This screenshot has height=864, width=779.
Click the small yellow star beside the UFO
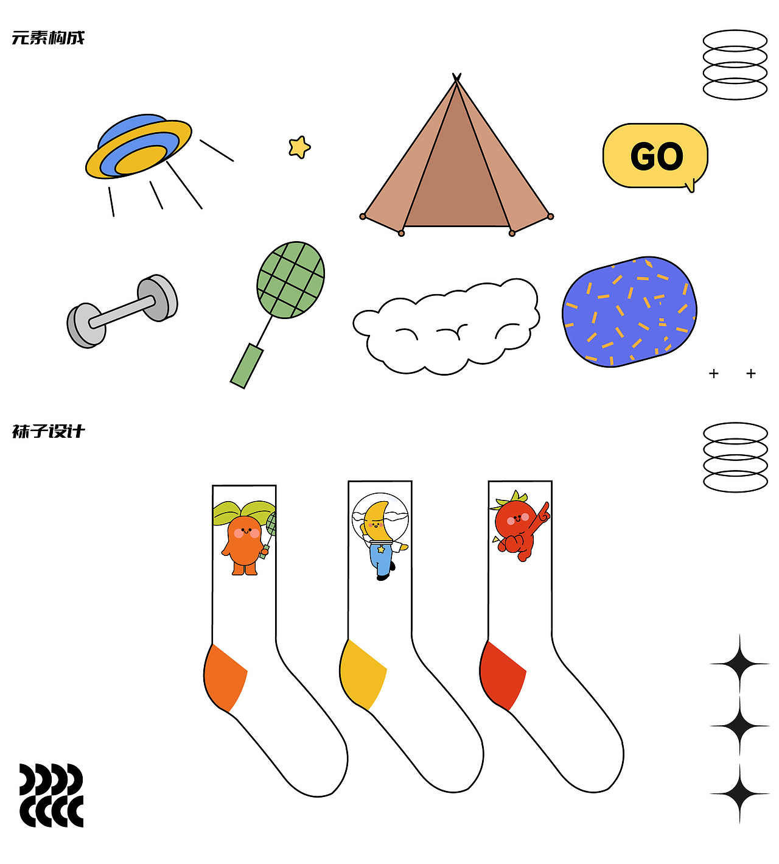point(299,147)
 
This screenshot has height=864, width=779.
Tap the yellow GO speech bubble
point(655,156)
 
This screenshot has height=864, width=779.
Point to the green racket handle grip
point(246,366)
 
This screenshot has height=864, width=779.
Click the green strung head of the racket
point(291,280)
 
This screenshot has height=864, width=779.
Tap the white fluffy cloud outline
point(446,326)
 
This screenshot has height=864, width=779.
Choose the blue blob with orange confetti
point(629,312)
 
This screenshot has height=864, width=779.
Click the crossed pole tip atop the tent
point(456,77)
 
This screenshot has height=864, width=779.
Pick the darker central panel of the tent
point(456,172)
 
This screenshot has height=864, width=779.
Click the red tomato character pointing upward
point(520,526)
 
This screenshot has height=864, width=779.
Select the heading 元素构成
point(48,38)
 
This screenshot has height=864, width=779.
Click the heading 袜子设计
point(48,431)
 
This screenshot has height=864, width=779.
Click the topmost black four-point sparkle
point(739,664)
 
